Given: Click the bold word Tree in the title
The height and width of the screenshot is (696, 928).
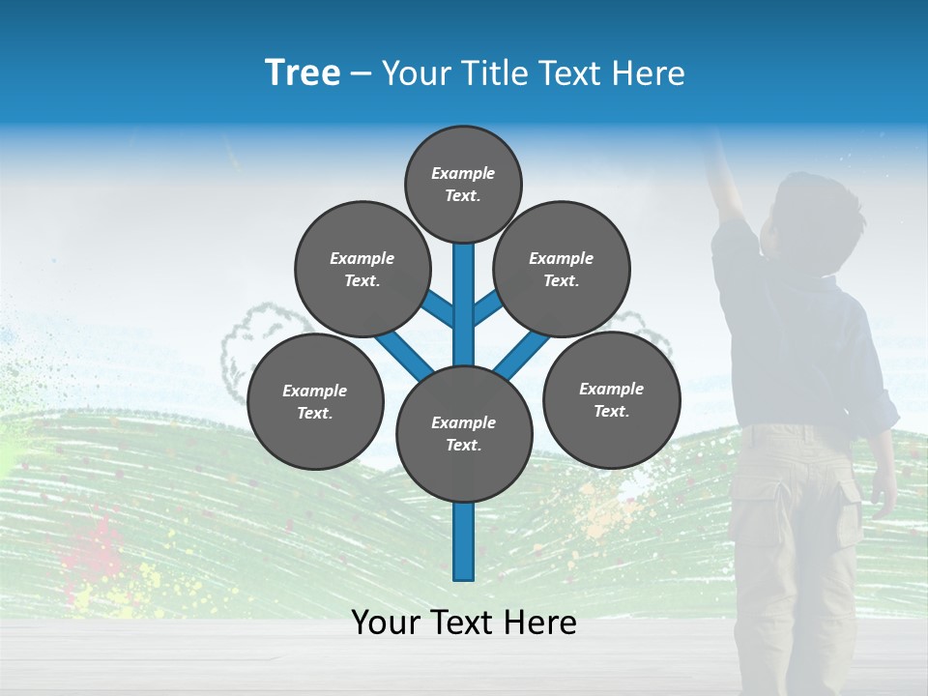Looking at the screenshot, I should click(x=303, y=72).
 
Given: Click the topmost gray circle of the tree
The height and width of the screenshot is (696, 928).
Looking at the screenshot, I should click(x=463, y=184).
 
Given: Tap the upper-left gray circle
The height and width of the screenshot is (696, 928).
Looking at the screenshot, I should click(x=362, y=269).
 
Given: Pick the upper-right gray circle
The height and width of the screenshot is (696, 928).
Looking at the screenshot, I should click(x=562, y=269).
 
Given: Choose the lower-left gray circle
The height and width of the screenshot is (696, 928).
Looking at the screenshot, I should click(x=315, y=401).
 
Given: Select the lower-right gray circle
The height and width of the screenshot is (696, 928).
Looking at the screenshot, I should click(x=612, y=399).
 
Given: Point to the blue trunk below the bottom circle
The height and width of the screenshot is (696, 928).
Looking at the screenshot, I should click(x=464, y=541).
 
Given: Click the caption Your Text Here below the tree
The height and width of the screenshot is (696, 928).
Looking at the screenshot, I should click(x=464, y=623).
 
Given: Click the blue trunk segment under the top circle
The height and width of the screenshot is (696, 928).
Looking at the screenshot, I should click(x=464, y=290).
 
